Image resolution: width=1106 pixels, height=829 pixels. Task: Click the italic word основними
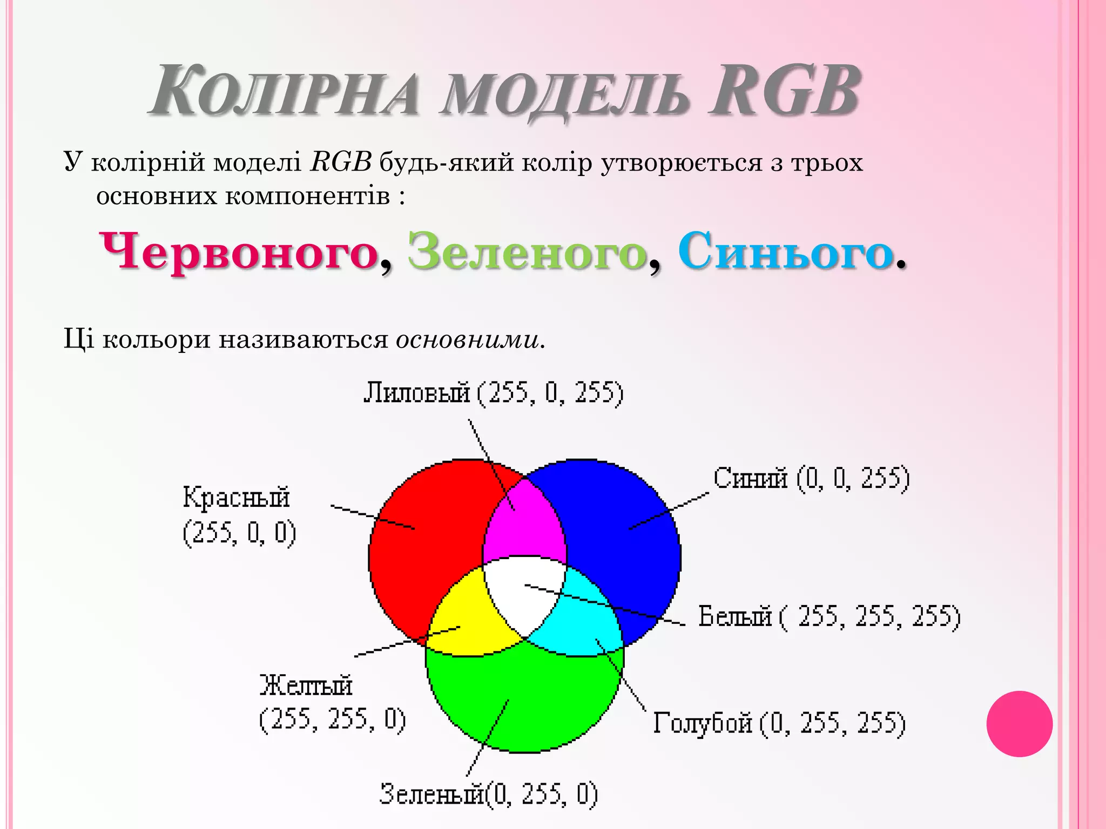(467, 339)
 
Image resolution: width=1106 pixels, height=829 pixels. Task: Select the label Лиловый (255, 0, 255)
(493, 392)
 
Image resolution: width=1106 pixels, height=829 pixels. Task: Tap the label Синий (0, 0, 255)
(811, 478)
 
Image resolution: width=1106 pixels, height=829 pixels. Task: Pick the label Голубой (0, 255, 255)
(779, 723)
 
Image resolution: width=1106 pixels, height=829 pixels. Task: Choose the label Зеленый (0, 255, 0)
(489, 794)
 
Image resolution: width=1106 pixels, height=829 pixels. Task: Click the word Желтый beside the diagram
(306, 685)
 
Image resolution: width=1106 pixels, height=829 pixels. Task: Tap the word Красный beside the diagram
(236, 497)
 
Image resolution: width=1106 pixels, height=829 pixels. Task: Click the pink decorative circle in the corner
(1019, 724)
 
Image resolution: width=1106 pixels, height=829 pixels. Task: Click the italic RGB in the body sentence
(341, 162)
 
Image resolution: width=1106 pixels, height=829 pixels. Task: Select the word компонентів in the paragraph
(307, 196)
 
